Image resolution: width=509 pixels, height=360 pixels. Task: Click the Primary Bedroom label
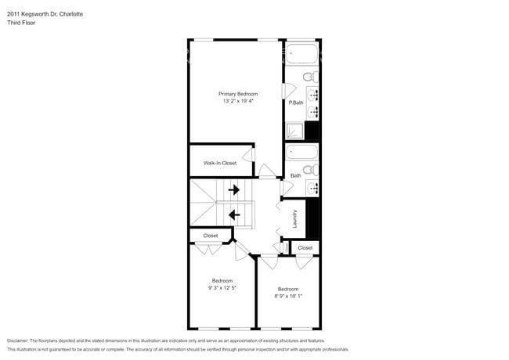pos(238,94)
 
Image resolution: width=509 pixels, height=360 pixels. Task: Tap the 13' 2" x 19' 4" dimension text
pos(238,101)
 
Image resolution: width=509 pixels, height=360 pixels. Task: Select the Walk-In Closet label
pos(220,163)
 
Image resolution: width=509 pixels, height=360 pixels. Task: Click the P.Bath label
pos(296,103)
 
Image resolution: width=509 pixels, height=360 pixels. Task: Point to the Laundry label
pos(294,218)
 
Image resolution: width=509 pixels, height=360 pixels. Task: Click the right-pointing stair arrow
pos(234,189)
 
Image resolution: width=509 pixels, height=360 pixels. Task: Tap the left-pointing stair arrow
pos(234,214)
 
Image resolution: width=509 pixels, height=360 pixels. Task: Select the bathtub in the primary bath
pos(302,53)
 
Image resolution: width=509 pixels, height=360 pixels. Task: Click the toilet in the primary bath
pos(311,77)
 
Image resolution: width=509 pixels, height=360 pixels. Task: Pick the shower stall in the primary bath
pos(294,131)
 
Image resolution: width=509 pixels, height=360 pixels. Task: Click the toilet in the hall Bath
pos(311,170)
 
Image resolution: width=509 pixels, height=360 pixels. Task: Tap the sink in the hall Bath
pos(313,188)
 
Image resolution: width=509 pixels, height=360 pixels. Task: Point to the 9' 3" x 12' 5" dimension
pos(222,288)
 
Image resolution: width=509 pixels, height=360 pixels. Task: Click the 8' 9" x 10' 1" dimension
pos(288,296)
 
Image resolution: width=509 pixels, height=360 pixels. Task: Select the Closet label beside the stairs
pos(211,236)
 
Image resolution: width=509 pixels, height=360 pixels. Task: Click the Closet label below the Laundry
pos(305,248)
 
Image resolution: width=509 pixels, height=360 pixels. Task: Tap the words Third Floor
pos(21,23)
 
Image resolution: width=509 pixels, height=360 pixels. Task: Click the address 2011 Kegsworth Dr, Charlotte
pos(45,14)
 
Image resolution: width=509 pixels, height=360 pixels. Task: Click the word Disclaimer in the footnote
pos(18,341)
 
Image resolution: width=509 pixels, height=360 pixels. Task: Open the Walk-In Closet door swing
pos(248,155)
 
